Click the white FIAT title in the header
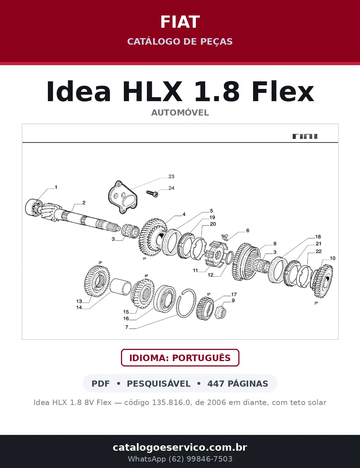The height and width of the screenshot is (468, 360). [x=180, y=22]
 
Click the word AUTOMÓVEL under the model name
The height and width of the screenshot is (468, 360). [x=180, y=113]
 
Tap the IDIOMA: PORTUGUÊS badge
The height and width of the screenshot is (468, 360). [x=180, y=358]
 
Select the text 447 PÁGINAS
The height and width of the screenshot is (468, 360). [x=238, y=383]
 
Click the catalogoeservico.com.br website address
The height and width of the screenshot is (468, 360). [x=180, y=447]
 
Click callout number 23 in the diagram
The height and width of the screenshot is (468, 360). [x=171, y=176]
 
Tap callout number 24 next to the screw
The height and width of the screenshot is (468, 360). [x=171, y=188]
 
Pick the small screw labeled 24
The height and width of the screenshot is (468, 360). [x=152, y=193]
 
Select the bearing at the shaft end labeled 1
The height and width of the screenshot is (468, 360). [x=33, y=207]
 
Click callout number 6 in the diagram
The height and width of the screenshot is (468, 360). [x=248, y=230]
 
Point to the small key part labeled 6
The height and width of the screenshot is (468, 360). [x=225, y=237]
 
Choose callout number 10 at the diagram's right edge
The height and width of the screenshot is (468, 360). [x=332, y=258]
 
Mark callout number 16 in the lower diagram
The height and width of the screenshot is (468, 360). [x=126, y=318]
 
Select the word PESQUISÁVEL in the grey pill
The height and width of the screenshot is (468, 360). [x=159, y=383]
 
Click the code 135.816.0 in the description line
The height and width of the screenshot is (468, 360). [x=172, y=402]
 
